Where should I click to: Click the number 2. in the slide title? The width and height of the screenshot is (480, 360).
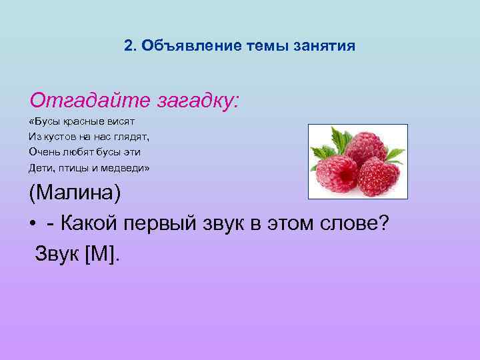click(x=130, y=46)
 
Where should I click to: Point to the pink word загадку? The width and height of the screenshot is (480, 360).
click(x=197, y=102)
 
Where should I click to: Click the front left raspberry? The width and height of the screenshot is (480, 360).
click(x=338, y=175)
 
